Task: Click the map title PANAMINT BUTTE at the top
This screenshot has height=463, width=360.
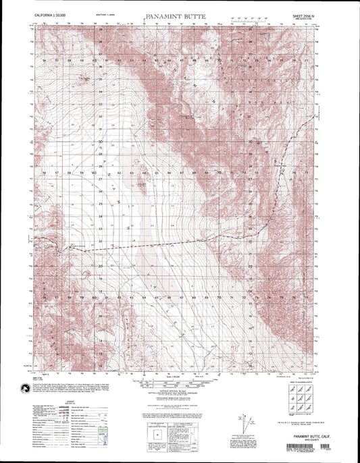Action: pos(179,13)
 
